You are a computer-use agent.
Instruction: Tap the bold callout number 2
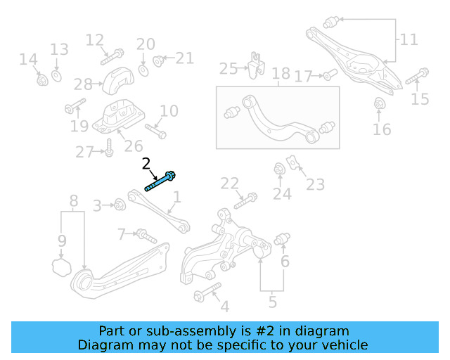click(146, 165)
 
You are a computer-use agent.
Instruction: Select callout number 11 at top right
click(409, 39)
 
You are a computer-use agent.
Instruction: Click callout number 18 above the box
click(281, 74)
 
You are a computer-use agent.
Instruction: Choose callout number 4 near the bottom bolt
click(224, 306)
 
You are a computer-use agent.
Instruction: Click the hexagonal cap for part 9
click(62, 266)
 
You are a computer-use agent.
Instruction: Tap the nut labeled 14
click(41, 79)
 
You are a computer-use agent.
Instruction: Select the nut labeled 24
click(279, 169)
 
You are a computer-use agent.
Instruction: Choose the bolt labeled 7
click(145, 236)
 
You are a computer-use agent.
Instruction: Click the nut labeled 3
click(120, 205)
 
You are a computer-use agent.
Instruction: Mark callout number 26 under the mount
click(133, 146)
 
